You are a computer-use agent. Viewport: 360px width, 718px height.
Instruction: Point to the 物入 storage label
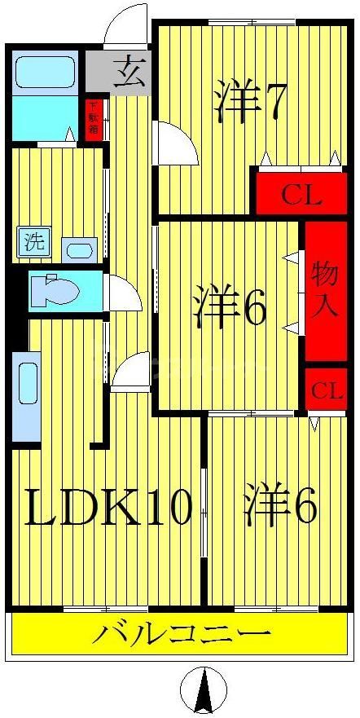[x=321, y=289]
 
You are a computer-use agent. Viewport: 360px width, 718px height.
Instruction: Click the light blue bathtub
[x=46, y=74]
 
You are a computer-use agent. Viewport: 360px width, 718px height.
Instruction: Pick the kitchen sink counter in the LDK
[x=25, y=395]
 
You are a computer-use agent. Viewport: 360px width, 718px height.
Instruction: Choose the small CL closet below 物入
[x=324, y=391]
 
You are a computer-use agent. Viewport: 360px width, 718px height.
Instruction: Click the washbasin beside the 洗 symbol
[x=80, y=249]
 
